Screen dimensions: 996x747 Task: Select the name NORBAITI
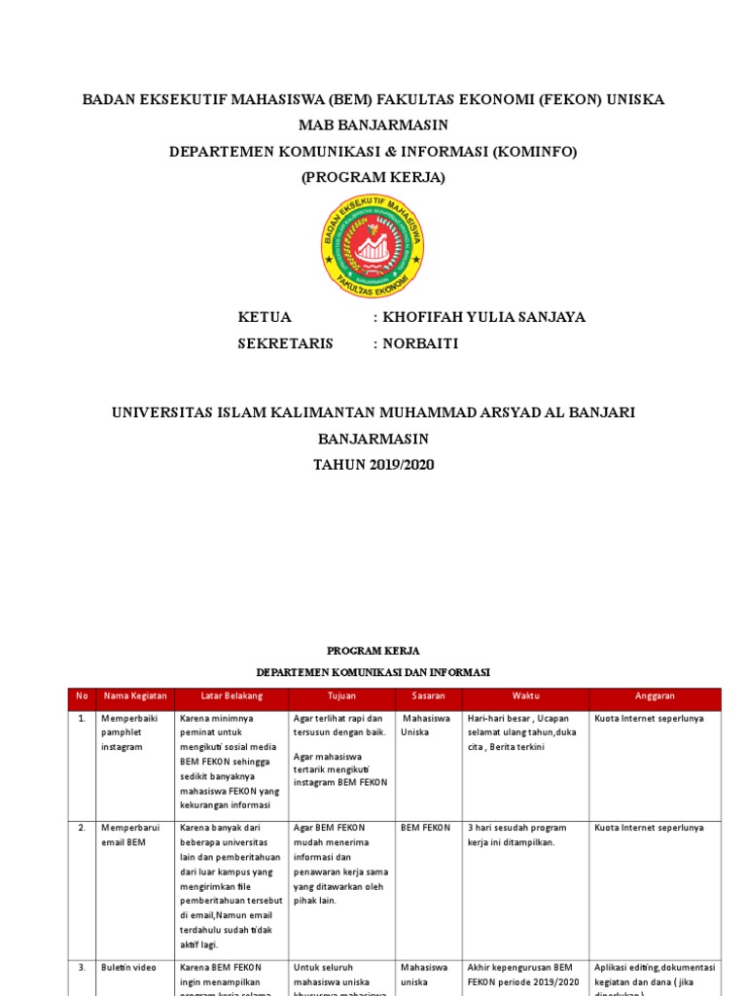coord(419,343)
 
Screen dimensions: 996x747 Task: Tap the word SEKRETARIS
coord(285,343)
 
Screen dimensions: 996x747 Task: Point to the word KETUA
coord(265,318)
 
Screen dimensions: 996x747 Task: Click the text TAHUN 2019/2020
coord(373,465)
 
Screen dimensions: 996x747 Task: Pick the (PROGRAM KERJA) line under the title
coord(373,177)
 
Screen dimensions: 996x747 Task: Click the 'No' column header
coord(82,696)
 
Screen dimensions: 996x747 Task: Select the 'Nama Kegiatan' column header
coord(135,696)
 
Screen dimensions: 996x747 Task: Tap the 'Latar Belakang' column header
coord(231,696)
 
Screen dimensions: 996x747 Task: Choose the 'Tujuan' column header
coord(341,696)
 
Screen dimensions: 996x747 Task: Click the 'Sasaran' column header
coord(428,696)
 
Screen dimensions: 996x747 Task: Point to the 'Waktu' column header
coord(525,696)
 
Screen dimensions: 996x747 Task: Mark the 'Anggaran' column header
coord(655,696)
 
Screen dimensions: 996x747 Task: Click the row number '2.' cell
coord(82,828)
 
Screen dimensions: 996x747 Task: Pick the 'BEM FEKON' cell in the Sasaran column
coord(425,828)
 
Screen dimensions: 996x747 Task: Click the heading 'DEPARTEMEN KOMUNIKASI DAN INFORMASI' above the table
coord(373,672)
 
